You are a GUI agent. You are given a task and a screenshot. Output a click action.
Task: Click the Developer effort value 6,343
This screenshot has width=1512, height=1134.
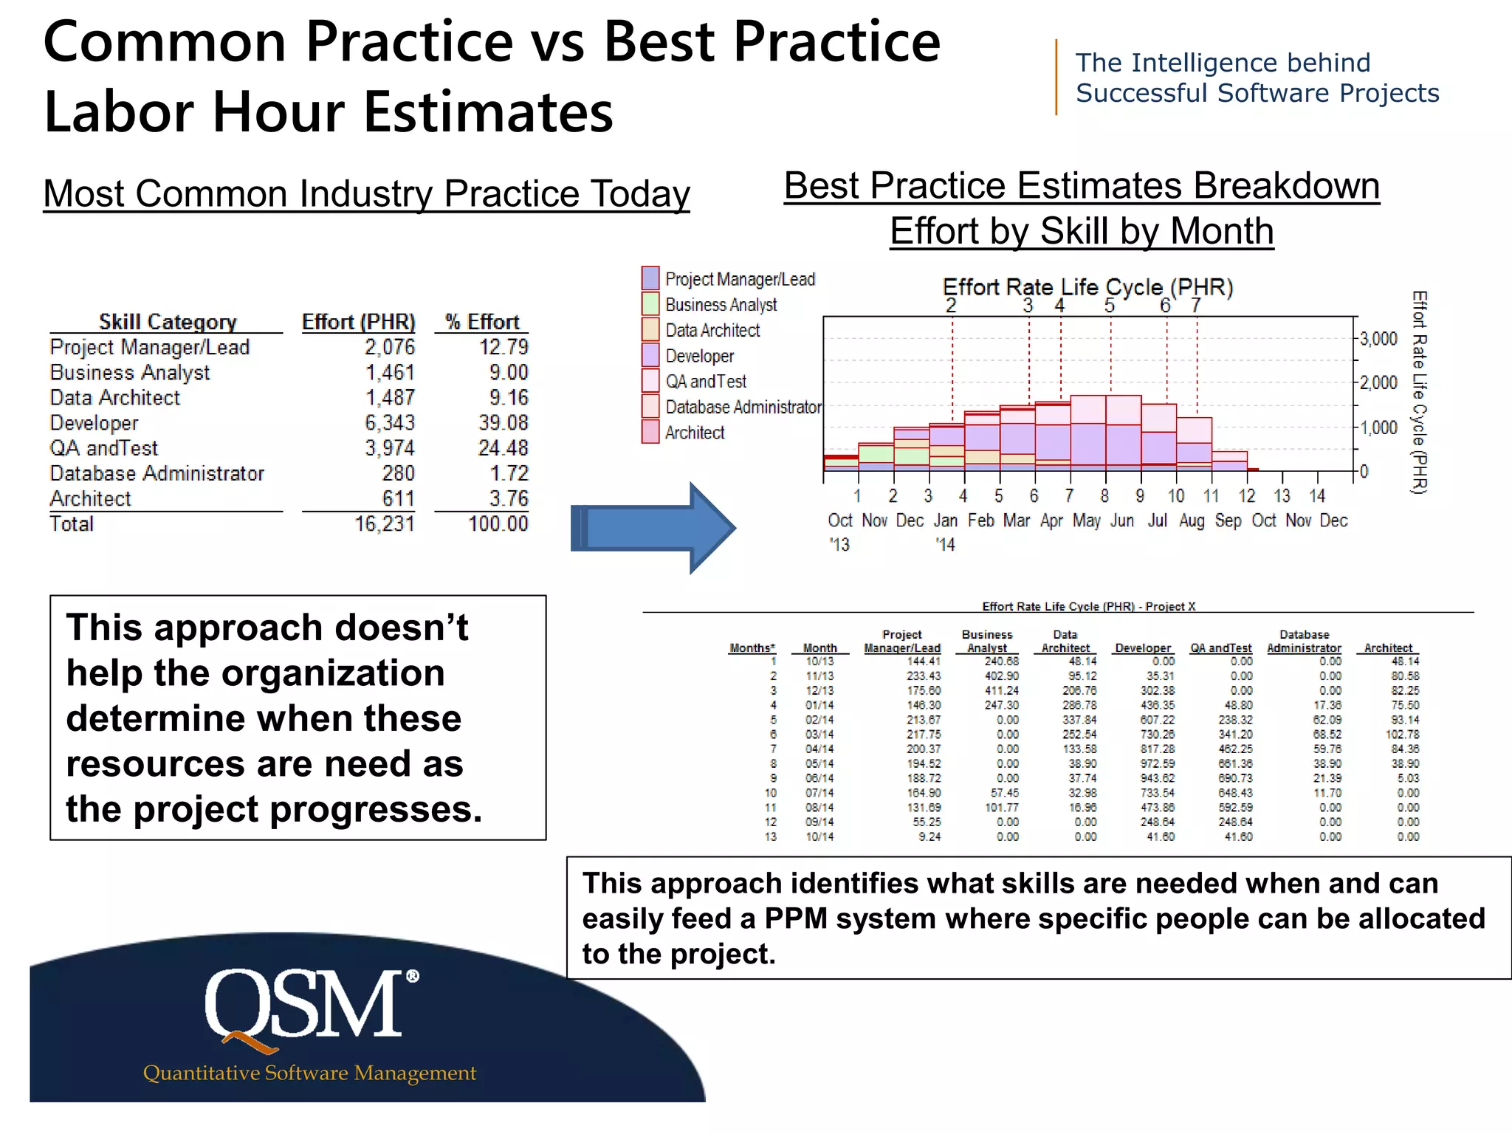click(390, 423)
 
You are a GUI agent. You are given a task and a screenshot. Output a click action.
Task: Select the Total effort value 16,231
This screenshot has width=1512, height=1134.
click(385, 524)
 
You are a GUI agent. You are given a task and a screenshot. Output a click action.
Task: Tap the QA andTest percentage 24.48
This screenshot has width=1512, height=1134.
click(503, 448)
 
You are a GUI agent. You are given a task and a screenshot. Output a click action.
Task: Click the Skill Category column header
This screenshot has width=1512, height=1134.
click(168, 322)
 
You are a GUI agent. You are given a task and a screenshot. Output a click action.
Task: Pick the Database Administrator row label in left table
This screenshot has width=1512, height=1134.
click(157, 473)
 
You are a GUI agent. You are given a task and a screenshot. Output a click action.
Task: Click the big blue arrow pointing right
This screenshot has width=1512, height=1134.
click(653, 528)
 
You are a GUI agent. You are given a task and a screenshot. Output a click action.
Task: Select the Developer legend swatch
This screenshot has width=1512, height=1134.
click(650, 355)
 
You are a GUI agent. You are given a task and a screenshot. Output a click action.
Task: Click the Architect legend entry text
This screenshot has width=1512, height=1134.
click(695, 433)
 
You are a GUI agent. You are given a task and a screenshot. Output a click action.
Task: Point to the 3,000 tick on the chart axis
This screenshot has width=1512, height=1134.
click(1378, 339)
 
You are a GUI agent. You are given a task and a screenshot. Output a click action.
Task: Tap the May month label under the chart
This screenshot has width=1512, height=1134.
click(1086, 520)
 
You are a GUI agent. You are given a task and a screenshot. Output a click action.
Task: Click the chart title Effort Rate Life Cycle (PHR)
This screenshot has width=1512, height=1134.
click(1087, 286)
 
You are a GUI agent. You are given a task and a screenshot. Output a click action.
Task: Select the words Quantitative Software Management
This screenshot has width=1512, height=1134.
click(309, 1073)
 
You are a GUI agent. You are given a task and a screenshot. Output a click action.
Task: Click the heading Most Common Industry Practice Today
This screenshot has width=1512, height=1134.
click(366, 194)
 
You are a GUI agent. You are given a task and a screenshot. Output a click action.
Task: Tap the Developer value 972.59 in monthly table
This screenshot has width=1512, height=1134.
click(1157, 763)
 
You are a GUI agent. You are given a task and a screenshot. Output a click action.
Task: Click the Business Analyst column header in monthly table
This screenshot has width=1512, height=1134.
click(987, 641)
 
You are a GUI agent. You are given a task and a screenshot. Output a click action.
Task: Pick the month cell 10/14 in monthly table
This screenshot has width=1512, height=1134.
click(819, 836)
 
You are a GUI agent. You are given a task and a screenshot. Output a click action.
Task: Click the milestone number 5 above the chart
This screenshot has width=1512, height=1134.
click(1109, 306)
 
